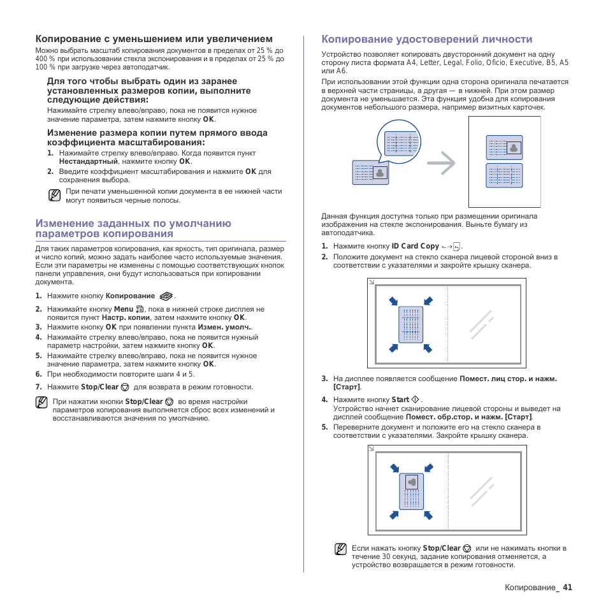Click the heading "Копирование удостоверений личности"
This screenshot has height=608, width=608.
click(x=427, y=39)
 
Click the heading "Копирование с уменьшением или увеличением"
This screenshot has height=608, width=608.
click(x=154, y=39)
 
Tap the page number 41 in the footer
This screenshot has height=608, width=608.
click(x=567, y=588)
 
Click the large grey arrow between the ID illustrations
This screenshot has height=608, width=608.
click(x=441, y=163)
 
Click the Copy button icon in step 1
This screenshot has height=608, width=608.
click(x=166, y=296)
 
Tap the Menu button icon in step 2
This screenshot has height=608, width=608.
click(x=140, y=309)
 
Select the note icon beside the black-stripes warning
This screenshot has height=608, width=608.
click(x=55, y=195)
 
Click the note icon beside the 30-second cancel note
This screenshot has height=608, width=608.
click(x=341, y=549)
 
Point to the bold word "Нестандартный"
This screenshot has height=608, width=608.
click(x=88, y=162)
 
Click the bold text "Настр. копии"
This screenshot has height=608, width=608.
click(x=126, y=317)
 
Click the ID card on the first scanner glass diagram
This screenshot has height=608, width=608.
click(x=410, y=324)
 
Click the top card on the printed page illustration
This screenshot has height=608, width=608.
click(x=504, y=148)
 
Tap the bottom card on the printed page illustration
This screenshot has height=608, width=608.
click(x=504, y=175)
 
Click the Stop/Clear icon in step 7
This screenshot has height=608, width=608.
click(x=125, y=387)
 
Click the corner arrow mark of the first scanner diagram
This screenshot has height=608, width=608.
click(x=372, y=282)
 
